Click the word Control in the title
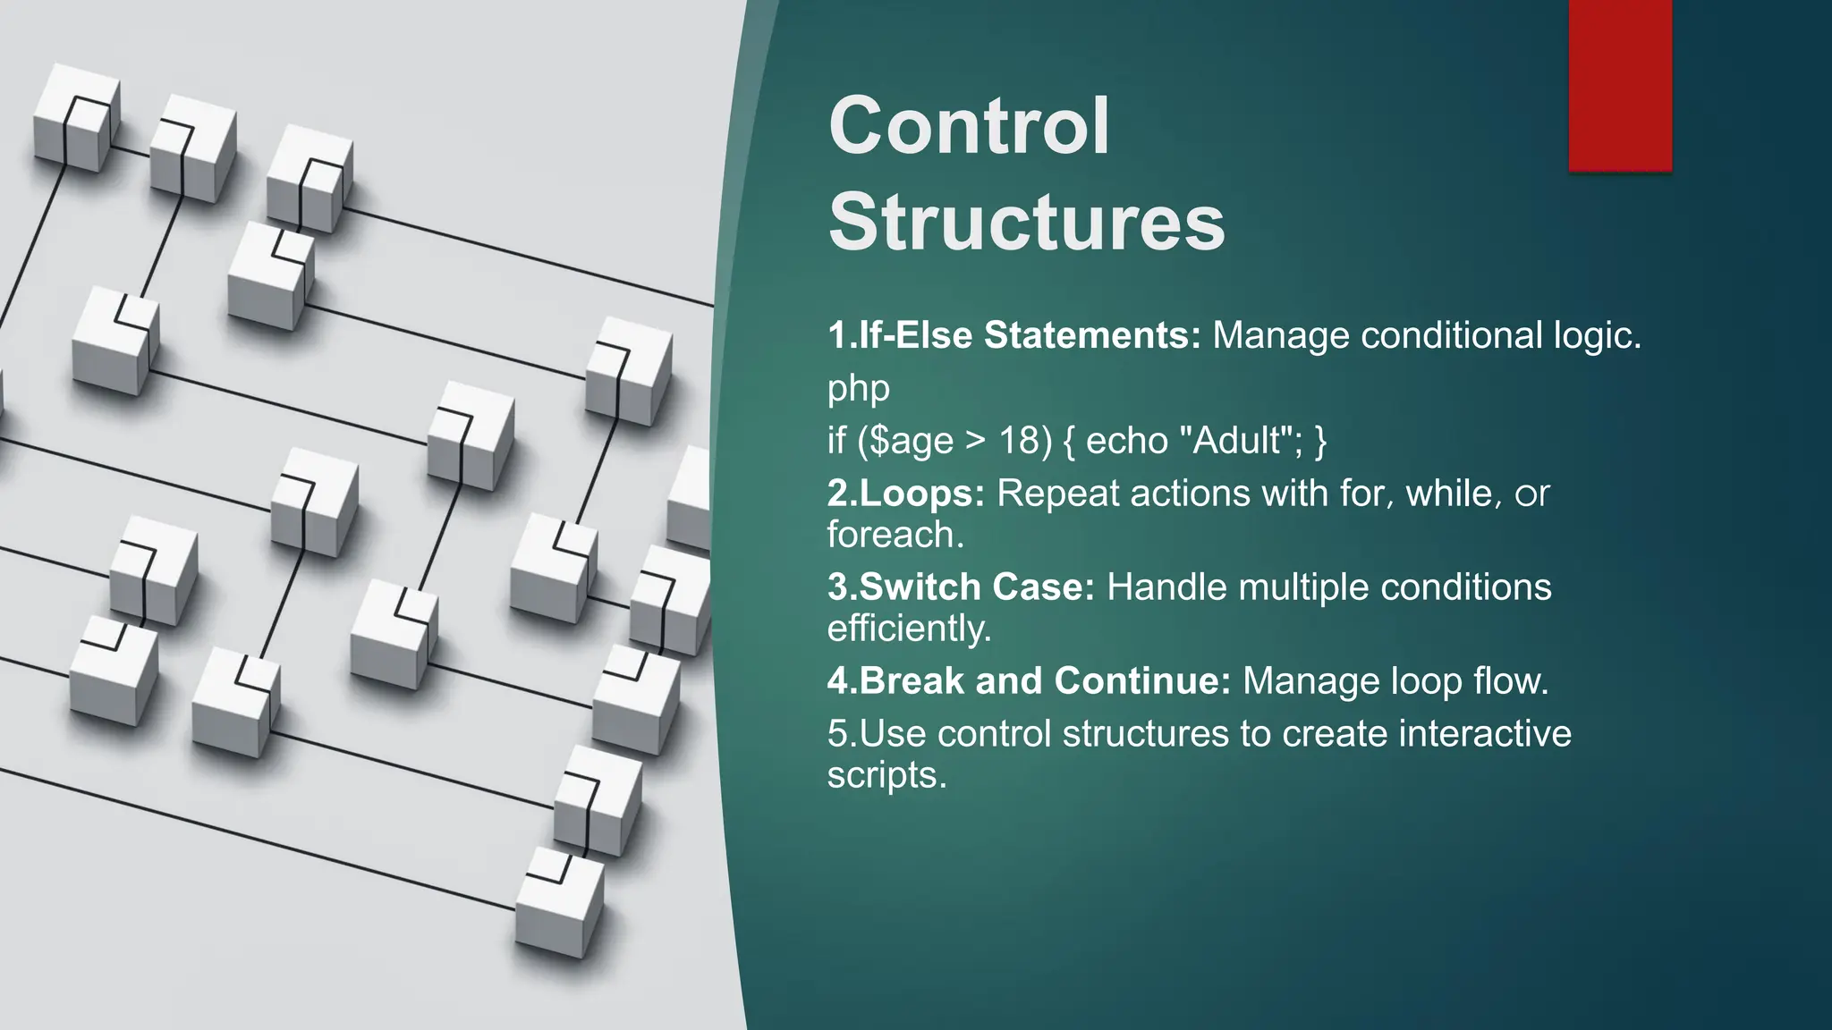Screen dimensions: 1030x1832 969,127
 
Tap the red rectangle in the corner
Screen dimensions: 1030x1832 1619,85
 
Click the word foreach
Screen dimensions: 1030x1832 895,535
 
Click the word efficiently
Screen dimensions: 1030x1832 909,629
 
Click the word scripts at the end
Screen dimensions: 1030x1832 886,775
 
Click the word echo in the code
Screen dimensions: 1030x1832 1126,441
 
